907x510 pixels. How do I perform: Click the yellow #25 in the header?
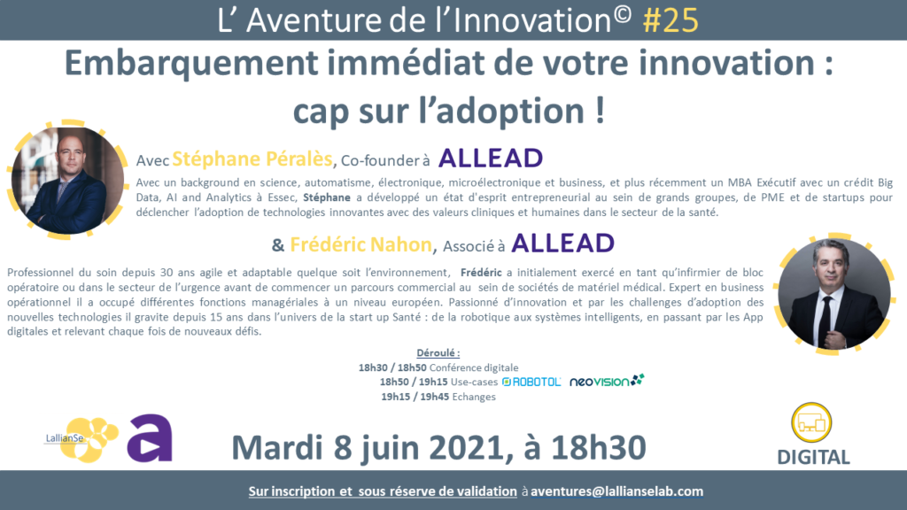[671, 19]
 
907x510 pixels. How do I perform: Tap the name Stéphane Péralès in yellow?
[252, 158]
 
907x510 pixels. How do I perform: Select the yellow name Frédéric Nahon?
[361, 244]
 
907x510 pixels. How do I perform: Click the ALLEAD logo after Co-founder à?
[491, 158]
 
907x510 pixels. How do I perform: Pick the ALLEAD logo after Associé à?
[562, 243]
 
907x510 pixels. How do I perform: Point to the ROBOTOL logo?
[531, 382]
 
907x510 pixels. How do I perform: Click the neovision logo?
[607, 381]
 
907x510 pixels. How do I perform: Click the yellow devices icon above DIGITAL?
[811, 422]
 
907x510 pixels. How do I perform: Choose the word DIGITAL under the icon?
[813, 457]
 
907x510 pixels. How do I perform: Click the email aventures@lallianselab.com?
[616, 491]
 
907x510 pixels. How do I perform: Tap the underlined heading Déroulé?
[438, 352]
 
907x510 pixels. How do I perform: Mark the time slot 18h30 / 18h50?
[392, 367]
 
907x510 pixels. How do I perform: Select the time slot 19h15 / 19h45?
[415, 397]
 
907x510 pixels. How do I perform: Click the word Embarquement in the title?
[191, 63]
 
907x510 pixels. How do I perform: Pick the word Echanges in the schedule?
[474, 397]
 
